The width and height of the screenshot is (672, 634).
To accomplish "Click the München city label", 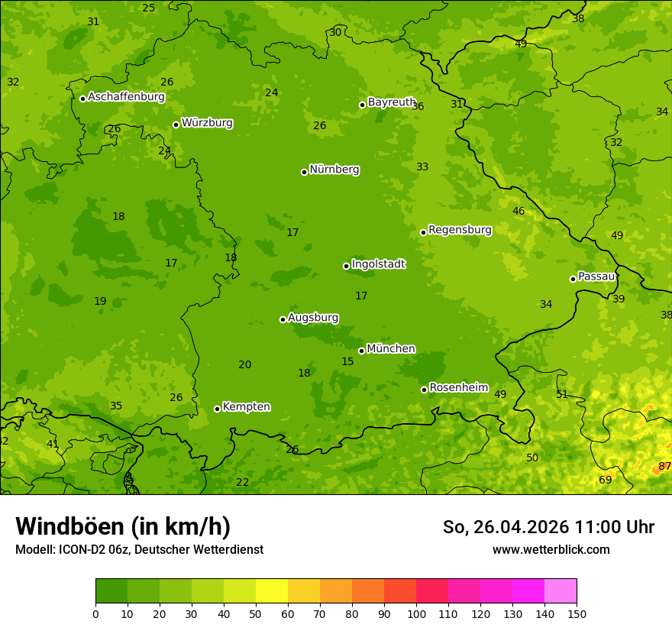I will coord(391,349).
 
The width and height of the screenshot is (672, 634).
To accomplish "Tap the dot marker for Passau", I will coord(573,279).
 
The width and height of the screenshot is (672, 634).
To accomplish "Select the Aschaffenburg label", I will coord(126,97).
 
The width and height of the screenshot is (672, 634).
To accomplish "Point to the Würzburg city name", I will coord(207,123).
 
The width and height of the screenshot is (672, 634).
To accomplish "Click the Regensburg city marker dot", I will coord(423,232).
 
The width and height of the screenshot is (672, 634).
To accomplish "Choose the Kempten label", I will coord(246,407).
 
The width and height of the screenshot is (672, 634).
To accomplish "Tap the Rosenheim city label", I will coord(458,388).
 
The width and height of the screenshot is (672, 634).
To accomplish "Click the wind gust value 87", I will coord(664,466).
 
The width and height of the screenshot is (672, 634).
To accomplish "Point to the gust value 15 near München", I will coord(347,361).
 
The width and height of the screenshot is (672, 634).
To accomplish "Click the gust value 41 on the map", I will coord(52,444).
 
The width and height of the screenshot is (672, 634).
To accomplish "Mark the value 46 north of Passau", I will coord(519,212).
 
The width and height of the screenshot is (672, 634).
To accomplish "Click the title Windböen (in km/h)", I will coord(122,526).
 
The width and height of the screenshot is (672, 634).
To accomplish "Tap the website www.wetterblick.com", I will coord(551,549).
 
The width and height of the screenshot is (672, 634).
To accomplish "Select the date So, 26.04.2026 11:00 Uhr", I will coord(548,527).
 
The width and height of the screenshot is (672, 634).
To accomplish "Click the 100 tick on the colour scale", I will coord(416,613).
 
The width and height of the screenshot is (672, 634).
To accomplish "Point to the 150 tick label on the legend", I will coord(577,613).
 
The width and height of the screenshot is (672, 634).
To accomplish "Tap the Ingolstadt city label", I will coord(378,264).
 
